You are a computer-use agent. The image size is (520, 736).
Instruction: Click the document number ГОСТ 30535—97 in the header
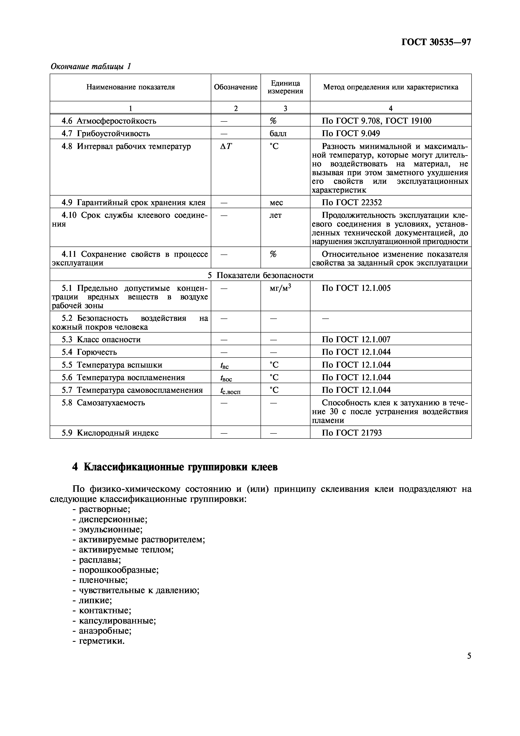coord(436,42)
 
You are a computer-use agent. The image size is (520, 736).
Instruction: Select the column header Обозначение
coord(236,87)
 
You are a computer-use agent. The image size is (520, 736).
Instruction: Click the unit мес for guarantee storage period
coord(276,203)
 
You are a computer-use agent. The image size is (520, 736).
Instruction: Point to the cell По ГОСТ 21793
coord(352,433)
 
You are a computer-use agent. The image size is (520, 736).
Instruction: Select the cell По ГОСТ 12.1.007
coord(356,339)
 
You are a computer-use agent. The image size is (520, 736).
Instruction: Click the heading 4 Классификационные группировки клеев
coord(175,467)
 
